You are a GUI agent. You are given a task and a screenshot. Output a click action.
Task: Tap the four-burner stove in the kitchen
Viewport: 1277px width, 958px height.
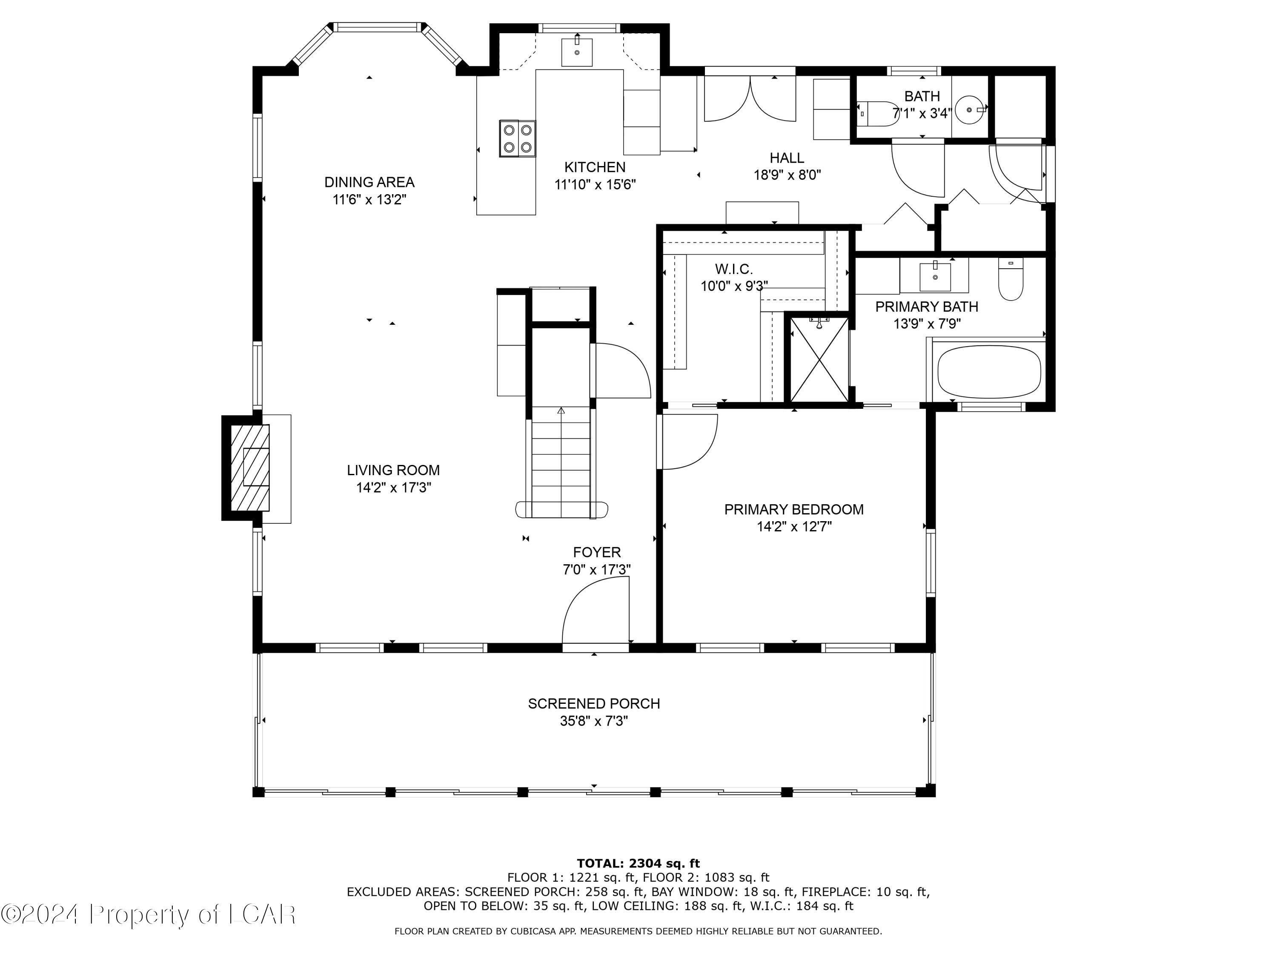click(x=517, y=138)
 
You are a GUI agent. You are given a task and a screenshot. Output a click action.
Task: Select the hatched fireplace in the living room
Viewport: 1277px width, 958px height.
click(x=250, y=468)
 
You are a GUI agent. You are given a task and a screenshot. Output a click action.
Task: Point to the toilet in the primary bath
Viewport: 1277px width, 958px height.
click(x=1010, y=279)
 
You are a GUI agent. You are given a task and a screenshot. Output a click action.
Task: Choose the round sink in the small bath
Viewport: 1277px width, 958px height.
click(x=969, y=109)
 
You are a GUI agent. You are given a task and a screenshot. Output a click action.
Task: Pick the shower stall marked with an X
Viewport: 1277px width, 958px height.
click(x=819, y=359)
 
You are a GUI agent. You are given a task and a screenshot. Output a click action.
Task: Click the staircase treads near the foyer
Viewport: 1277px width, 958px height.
click(x=561, y=462)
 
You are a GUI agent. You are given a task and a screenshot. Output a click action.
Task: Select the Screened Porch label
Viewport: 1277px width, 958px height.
click(x=593, y=703)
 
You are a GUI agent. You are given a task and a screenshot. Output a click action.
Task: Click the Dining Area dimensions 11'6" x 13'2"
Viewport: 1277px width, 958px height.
click(x=369, y=200)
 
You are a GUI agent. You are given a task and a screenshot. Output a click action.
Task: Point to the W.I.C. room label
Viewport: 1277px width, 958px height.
click(x=734, y=269)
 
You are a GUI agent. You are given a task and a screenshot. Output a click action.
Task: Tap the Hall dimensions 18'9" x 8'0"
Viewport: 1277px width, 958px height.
click(x=787, y=175)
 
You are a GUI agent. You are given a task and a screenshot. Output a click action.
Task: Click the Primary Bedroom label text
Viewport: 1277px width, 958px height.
click(x=794, y=509)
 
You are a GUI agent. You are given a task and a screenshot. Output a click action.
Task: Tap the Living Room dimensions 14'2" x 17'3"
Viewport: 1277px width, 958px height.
click(x=393, y=488)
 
